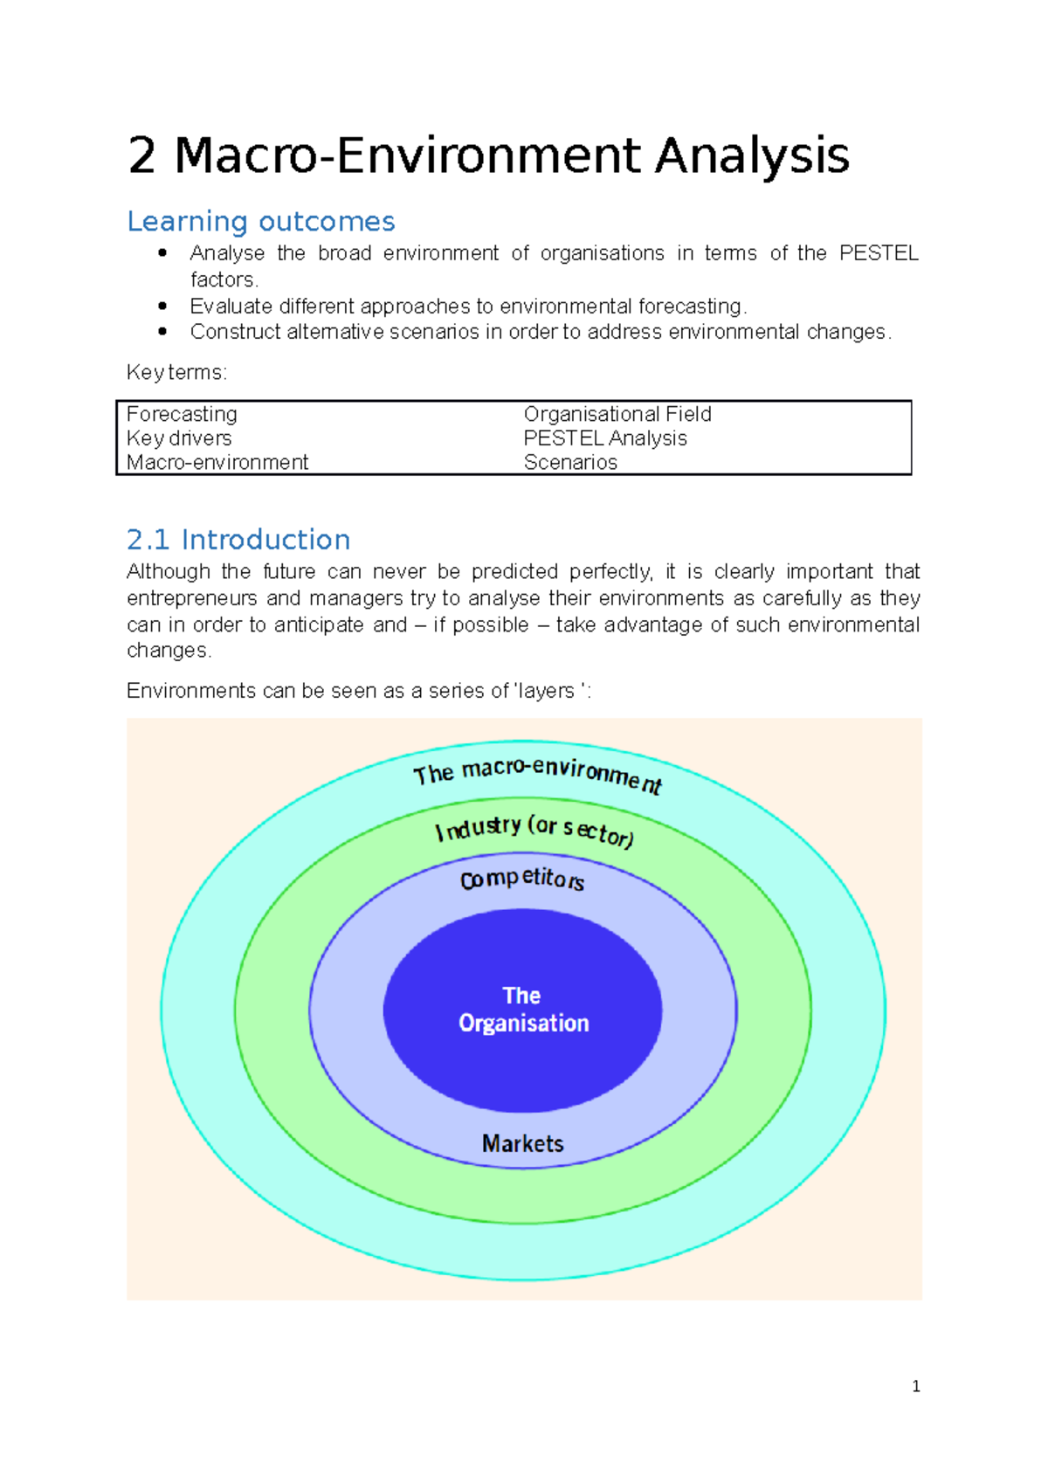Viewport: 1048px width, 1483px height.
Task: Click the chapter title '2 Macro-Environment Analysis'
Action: pos(488,155)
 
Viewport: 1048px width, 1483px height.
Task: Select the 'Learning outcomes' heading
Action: pos(260,222)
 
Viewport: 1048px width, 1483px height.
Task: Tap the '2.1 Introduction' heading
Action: pos(238,540)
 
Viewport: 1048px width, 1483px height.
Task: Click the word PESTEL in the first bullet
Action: pos(878,253)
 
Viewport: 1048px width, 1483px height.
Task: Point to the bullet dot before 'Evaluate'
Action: pos(162,307)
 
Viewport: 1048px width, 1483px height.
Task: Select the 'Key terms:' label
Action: pos(176,373)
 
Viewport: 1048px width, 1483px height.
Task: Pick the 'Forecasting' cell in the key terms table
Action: pos(182,414)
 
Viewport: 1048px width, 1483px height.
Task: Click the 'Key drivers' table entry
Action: pos(179,438)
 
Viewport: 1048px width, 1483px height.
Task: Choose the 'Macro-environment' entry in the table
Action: pos(217,462)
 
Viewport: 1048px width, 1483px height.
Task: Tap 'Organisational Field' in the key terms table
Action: pos(617,414)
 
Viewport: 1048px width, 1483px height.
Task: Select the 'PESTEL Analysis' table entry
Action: pos(605,438)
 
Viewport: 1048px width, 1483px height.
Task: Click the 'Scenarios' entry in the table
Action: pos(570,462)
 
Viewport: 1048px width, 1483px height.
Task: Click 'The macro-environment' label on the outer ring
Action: pos(537,773)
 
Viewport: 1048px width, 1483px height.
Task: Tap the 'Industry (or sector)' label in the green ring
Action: pos(534,830)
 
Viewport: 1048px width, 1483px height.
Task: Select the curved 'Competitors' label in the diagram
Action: pos(522,879)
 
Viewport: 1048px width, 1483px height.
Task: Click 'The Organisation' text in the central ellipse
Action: pos(523,1010)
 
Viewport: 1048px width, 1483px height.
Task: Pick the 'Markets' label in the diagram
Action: pos(523,1143)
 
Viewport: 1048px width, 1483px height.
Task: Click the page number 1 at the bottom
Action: pos(915,1386)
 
